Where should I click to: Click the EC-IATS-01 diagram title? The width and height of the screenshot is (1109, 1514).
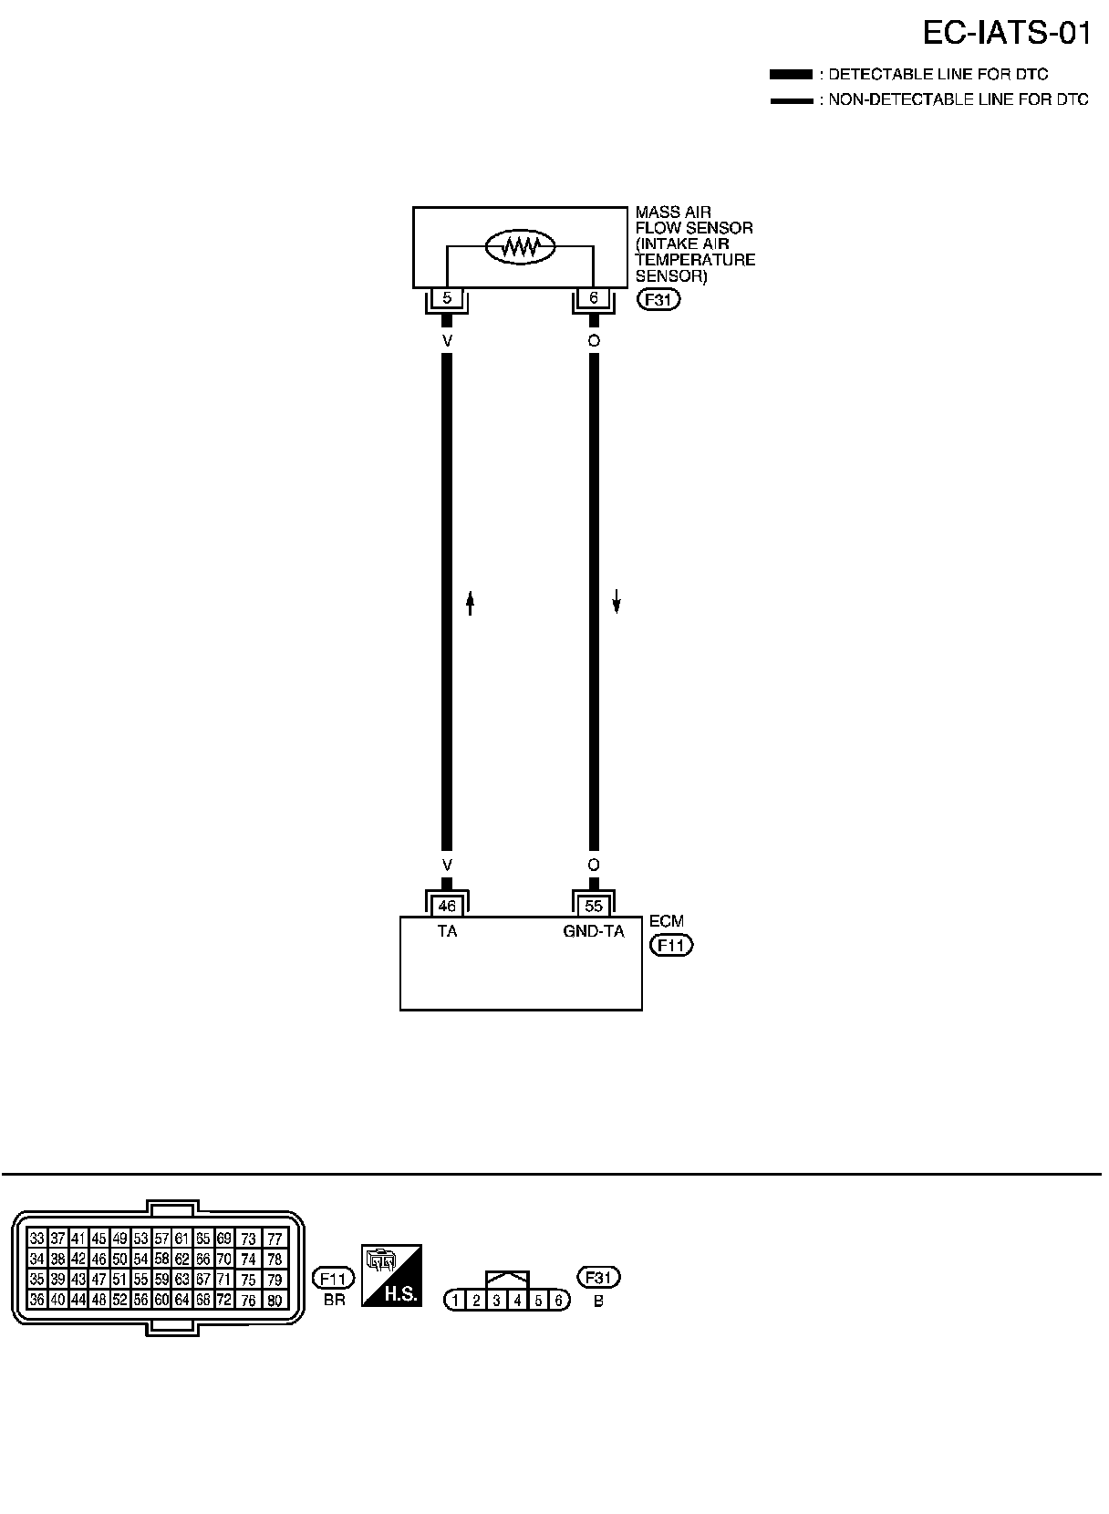point(1007,34)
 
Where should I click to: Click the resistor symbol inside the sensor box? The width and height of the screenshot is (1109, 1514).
point(520,245)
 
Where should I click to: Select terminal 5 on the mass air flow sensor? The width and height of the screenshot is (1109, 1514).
point(447,298)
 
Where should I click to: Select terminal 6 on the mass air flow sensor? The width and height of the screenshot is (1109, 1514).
point(594,298)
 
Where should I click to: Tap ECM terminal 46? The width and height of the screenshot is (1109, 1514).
point(447,906)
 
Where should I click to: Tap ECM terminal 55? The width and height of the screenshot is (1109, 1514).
point(594,906)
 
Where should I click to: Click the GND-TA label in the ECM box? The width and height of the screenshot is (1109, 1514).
point(594,931)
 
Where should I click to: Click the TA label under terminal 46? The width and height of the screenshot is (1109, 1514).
point(447,931)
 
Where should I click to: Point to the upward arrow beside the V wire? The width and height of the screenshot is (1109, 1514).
point(471,603)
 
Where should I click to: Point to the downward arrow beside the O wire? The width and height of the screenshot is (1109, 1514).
point(617,600)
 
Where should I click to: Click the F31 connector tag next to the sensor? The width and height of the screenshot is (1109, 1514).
point(658,299)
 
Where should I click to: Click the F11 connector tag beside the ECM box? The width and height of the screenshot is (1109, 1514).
point(671,945)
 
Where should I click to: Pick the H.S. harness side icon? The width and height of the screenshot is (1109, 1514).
point(391,1274)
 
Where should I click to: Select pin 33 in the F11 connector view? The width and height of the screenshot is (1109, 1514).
point(37,1238)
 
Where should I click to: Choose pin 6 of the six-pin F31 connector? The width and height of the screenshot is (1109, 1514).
point(559,1301)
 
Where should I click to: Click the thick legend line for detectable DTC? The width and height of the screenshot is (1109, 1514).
point(790,74)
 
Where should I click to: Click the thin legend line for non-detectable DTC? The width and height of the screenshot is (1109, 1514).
point(790,100)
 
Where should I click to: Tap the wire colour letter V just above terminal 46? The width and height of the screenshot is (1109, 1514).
point(447,864)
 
